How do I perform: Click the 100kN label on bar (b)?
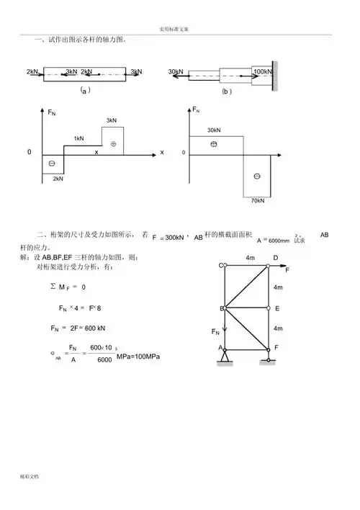(x=263, y=72)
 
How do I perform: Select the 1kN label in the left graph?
(x=78, y=138)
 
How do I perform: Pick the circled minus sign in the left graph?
(x=52, y=164)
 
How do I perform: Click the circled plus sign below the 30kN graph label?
(x=212, y=144)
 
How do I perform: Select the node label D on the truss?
(x=275, y=257)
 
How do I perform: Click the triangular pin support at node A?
(x=225, y=355)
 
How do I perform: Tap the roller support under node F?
(x=267, y=356)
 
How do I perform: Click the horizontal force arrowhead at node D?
(x=284, y=266)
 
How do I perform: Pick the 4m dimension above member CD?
(x=250, y=257)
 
